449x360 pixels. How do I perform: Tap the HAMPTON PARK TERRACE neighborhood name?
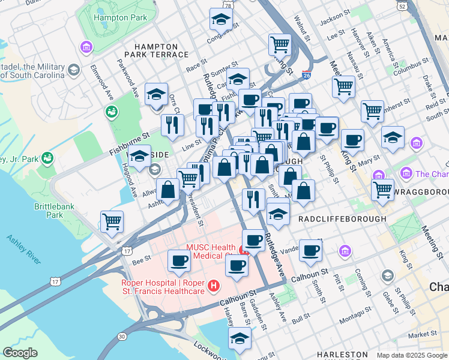pos(156,50)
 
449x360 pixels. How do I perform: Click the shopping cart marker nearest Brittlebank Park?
pos(112,221)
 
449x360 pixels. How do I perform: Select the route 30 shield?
pos(122,336)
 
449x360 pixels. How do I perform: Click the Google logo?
pos(20,353)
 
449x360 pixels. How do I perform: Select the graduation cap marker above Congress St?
pos(221,19)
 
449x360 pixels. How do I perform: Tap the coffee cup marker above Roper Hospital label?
pos(179,260)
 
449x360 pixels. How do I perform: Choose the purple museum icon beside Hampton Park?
pos(87,46)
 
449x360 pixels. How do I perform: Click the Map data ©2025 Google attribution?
pos(412,355)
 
